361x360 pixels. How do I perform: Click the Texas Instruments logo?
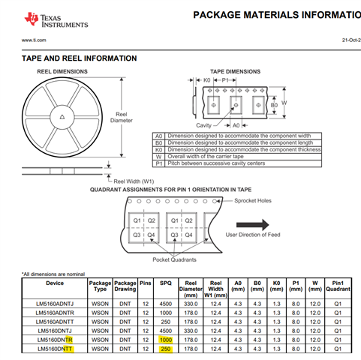point(56,19)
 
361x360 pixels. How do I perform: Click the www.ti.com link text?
point(34,40)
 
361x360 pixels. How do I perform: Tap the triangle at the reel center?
point(62,117)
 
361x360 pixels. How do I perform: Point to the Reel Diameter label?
point(122,117)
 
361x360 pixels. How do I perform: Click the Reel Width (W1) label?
point(134,181)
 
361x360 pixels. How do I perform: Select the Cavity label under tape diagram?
point(203,125)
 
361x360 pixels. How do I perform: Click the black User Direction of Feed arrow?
point(253,225)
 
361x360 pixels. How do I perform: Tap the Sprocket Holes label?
point(253,200)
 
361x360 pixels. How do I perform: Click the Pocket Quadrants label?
point(174,259)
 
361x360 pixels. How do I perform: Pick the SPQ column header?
point(166,283)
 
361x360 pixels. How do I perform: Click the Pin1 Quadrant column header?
point(338,286)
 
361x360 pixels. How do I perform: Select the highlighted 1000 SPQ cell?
point(166,340)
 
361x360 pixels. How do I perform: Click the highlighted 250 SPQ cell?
point(166,349)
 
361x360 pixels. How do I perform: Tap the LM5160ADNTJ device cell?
point(55,304)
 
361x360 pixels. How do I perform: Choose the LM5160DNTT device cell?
point(55,349)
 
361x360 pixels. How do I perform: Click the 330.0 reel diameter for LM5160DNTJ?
point(191,331)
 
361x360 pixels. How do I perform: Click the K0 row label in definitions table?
point(159,150)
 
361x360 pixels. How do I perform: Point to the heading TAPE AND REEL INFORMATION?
point(79,58)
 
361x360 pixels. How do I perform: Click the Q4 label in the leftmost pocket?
point(151,235)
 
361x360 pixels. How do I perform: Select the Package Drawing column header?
point(125,286)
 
